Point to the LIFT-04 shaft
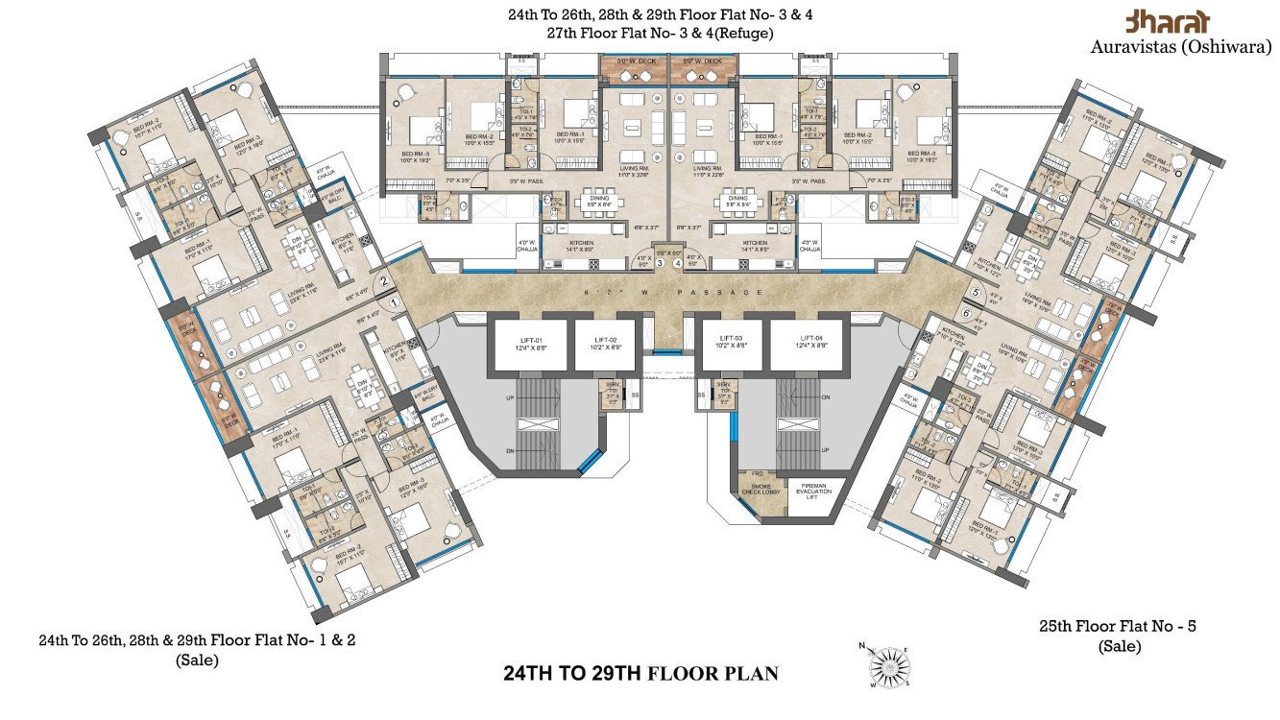(x=811, y=344)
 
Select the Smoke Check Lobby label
(x=762, y=492)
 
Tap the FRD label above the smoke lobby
(x=757, y=474)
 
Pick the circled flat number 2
(x=383, y=281)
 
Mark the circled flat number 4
(x=678, y=263)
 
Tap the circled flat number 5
(x=976, y=293)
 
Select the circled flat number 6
(x=966, y=314)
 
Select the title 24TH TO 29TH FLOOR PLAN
(x=640, y=673)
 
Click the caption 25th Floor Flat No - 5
(x=1118, y=626)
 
